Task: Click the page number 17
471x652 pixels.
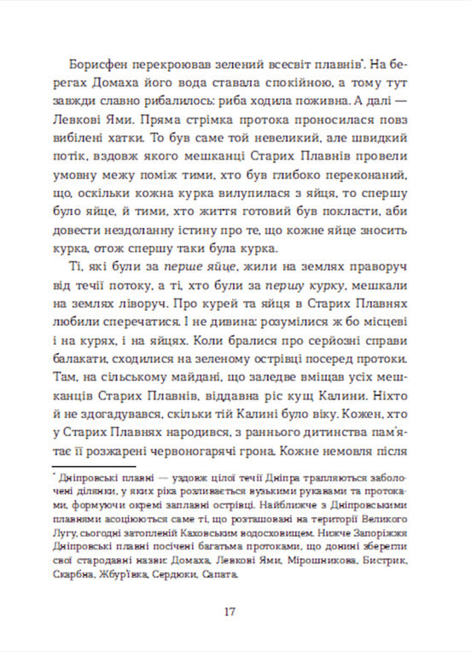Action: [x=229, y=611]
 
